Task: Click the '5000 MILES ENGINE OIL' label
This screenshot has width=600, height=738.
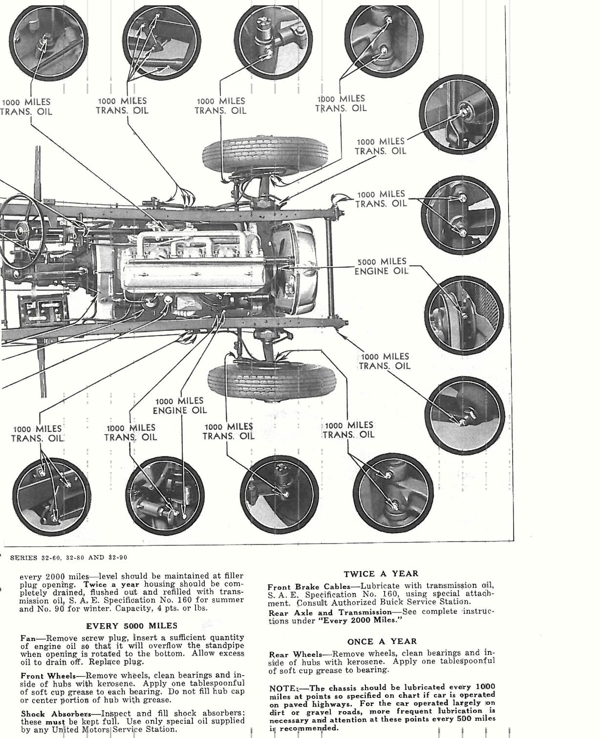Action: pos(381,266)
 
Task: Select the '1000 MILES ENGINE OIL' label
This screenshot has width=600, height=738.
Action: pos(180,406)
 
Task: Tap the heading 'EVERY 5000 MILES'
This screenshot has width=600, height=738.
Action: pos(132,626)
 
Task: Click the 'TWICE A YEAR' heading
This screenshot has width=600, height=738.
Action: pos(381,574)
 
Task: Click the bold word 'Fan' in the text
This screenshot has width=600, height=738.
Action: pos(28,638)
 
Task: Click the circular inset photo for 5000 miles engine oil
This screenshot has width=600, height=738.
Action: pos(464,314)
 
